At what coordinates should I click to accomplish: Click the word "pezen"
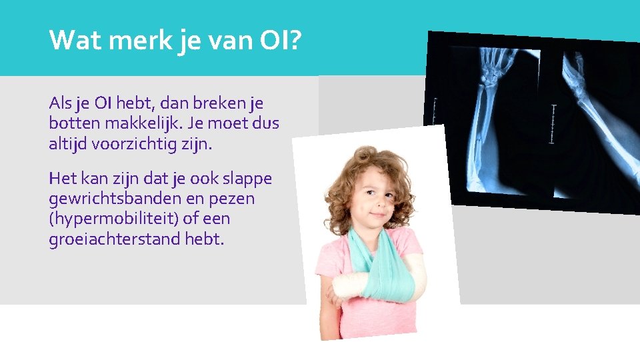tap(231, 199)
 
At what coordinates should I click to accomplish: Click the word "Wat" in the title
tap(70, 41)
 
